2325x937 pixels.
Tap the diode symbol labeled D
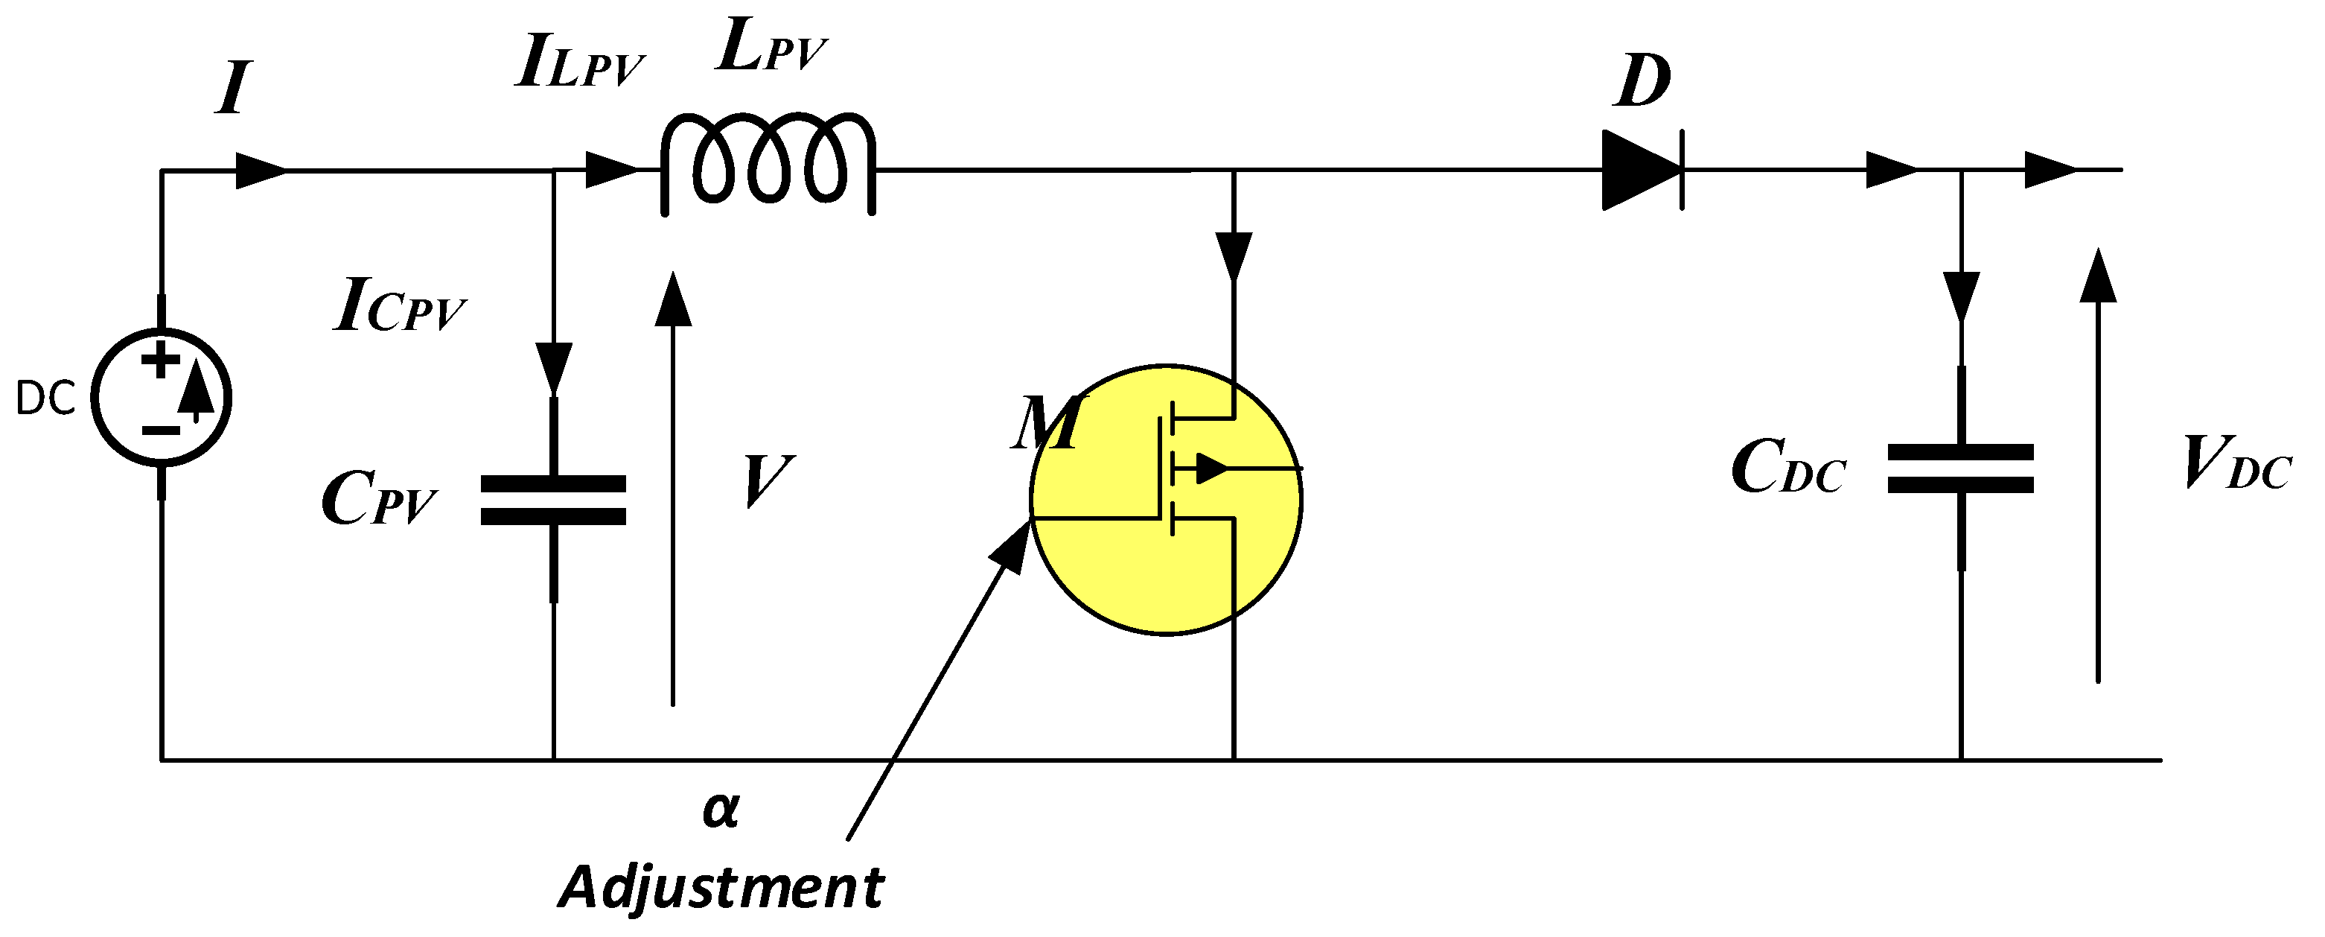[1642, 170]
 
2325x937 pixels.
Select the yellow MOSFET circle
[1165, 499]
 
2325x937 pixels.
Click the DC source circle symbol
[162, 397]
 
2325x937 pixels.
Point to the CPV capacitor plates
[553, 500]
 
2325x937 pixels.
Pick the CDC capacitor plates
[1960, 468]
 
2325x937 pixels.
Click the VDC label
[2236, 464]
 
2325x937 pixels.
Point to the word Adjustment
[721, 887]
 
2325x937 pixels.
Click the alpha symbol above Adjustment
[720, 810]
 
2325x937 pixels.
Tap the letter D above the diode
[1642, 82]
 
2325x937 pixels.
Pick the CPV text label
[378, 500]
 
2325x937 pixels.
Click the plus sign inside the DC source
[161, 361]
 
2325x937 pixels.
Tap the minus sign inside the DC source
[161, 431]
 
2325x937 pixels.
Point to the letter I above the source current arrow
[232, 89]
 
